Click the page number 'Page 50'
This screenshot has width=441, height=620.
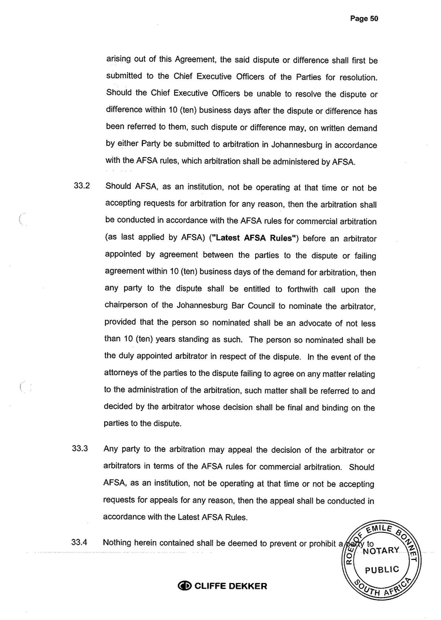[364, 19]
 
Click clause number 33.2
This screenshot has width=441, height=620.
[81, 188]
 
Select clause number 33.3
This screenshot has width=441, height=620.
[80, 449]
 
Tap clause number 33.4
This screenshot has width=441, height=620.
[80, 543]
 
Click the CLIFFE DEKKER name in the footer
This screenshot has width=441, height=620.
[230, 586]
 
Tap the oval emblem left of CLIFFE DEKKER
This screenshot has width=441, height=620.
[185, 586]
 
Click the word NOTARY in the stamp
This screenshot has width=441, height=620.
[382, 551]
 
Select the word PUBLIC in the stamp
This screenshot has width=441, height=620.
[382, 569]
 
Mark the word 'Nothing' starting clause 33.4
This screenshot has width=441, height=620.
[121, 543]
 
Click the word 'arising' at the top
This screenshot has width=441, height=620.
[119, 59]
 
